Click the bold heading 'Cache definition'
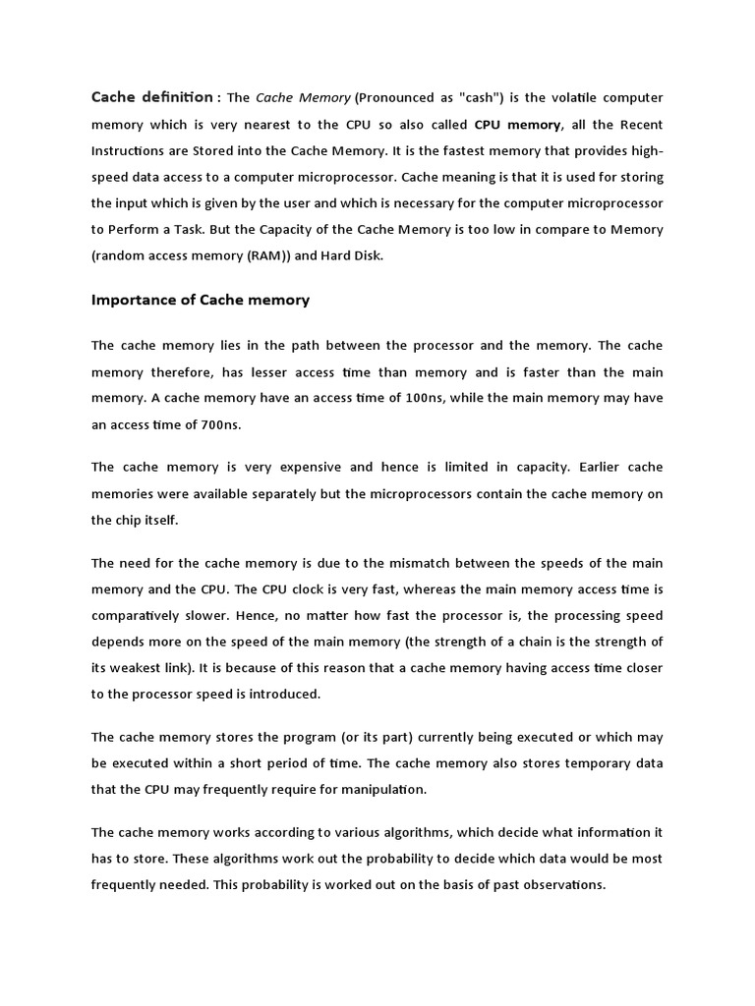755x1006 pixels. (151, 97)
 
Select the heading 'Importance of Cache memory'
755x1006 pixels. (201, 300)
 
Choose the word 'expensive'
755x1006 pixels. (298, 467)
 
